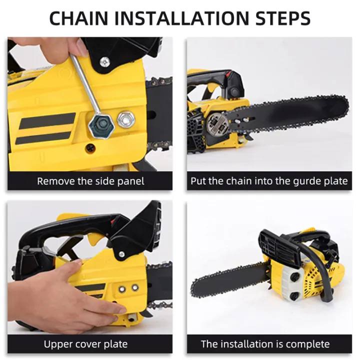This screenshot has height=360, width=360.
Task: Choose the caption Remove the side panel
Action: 90,180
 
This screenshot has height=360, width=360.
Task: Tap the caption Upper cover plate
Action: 85,344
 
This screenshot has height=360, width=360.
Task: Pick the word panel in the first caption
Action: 130,180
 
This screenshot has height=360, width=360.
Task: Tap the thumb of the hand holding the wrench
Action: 81,48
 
